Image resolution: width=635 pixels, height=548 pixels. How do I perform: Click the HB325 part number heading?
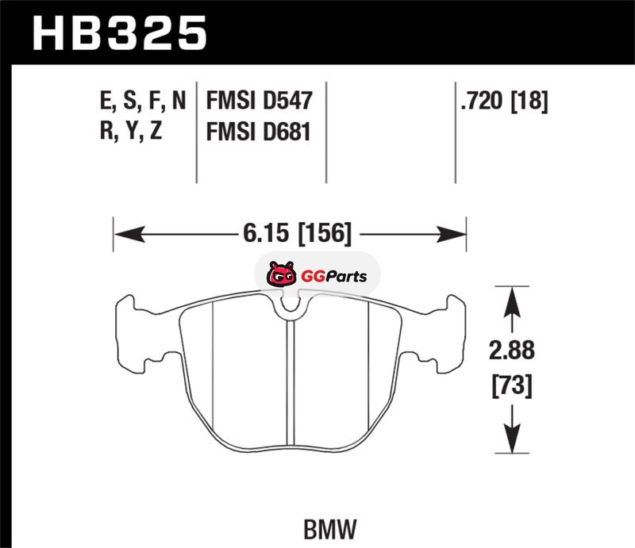tap(120, 33)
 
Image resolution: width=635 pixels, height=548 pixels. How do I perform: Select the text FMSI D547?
tap(260, 101)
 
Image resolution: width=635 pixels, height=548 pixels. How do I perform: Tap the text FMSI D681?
tap(259, 132)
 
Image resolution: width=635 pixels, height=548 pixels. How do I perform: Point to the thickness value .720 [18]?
tap(504, 101)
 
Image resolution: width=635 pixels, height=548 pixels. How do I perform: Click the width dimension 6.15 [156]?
tap(297, 233)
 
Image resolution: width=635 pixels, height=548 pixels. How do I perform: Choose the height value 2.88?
tap(512, 351)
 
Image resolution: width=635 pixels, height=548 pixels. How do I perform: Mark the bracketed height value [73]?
tap(512, 385)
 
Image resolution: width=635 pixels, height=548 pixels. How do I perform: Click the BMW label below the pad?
tap(330, 529)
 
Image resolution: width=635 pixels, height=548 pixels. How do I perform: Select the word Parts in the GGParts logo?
tap(347, 277)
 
